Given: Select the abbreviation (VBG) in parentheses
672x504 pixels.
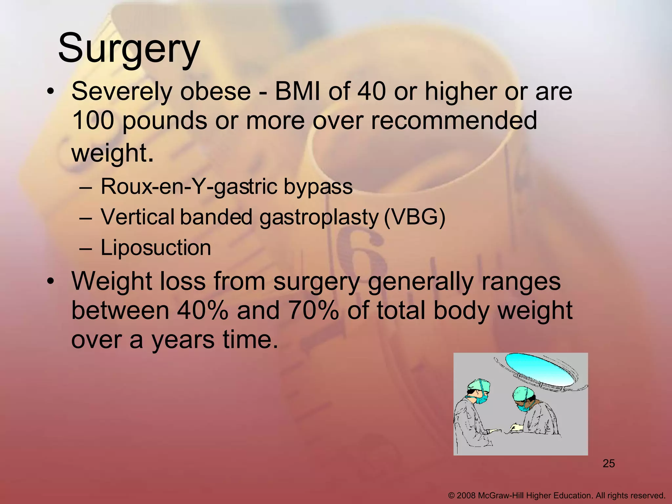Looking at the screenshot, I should pyautogui.click(x=414, y=217).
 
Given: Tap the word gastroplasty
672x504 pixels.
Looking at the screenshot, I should pyautogui.click(x=318, y=217).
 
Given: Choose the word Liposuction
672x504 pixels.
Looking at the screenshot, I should pyautogui.click(x=156, y=247).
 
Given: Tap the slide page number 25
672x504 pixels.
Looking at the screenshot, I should pyautogui.click(x=609, y=464).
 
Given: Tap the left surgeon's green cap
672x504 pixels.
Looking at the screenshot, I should pyautogui.click(x=479, y=385).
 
